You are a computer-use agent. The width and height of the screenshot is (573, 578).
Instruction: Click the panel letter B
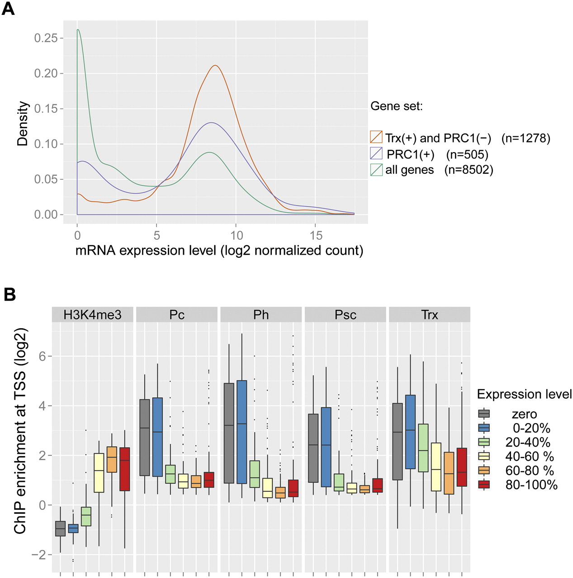pos(9,294)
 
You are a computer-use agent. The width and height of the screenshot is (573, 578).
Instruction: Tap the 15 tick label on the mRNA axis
pos(316,235)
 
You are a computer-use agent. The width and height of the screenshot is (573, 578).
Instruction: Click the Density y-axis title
pos(23,123)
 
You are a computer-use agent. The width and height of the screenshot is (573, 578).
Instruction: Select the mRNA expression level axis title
pos(219,251)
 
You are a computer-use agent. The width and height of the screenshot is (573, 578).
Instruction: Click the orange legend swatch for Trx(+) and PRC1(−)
pos(376,137)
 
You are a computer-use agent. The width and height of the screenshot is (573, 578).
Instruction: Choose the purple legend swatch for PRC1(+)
pos(376,153)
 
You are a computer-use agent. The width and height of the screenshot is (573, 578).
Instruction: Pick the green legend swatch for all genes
pos(376,170)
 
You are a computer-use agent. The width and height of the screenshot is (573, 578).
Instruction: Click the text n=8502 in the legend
pos(469,170)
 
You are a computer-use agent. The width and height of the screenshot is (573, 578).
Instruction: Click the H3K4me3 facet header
pos(92,315)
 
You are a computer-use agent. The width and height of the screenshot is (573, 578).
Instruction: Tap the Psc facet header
pos(346,315)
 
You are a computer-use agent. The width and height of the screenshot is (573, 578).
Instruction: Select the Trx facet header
pos(429,315)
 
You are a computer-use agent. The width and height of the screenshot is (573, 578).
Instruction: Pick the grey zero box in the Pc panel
pos(145,437)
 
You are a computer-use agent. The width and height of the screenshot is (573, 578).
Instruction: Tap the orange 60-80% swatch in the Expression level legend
pos(484,471)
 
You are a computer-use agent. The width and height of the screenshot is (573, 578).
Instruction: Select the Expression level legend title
pos(524,394)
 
